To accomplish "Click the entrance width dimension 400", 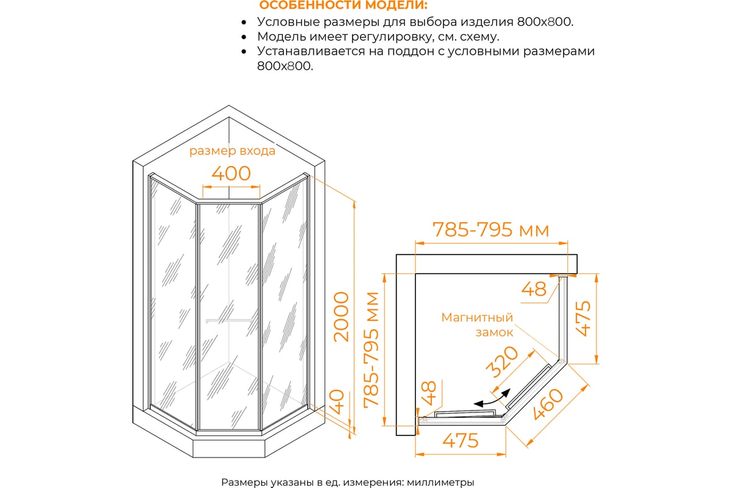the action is point(231,173).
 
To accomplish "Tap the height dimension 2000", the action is point(341,317).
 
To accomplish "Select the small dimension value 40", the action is point(337,402).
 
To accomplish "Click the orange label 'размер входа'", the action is point(232,151).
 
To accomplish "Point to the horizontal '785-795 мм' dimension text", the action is point(490,229).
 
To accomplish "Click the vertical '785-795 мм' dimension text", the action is point(371,350).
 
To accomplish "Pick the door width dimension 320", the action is point(501,362).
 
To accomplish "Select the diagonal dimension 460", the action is point(548,404).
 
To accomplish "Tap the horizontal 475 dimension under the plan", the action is point(461,440).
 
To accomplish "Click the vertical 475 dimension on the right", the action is point(583,318).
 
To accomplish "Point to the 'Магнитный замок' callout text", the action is point(477,325).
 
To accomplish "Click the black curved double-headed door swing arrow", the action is point(492,398).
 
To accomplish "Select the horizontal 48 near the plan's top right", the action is point(533,289).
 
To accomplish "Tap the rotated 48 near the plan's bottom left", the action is point(429,393).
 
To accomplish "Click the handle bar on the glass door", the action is point(229,320).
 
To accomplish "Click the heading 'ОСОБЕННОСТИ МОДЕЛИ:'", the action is point(343,5).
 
